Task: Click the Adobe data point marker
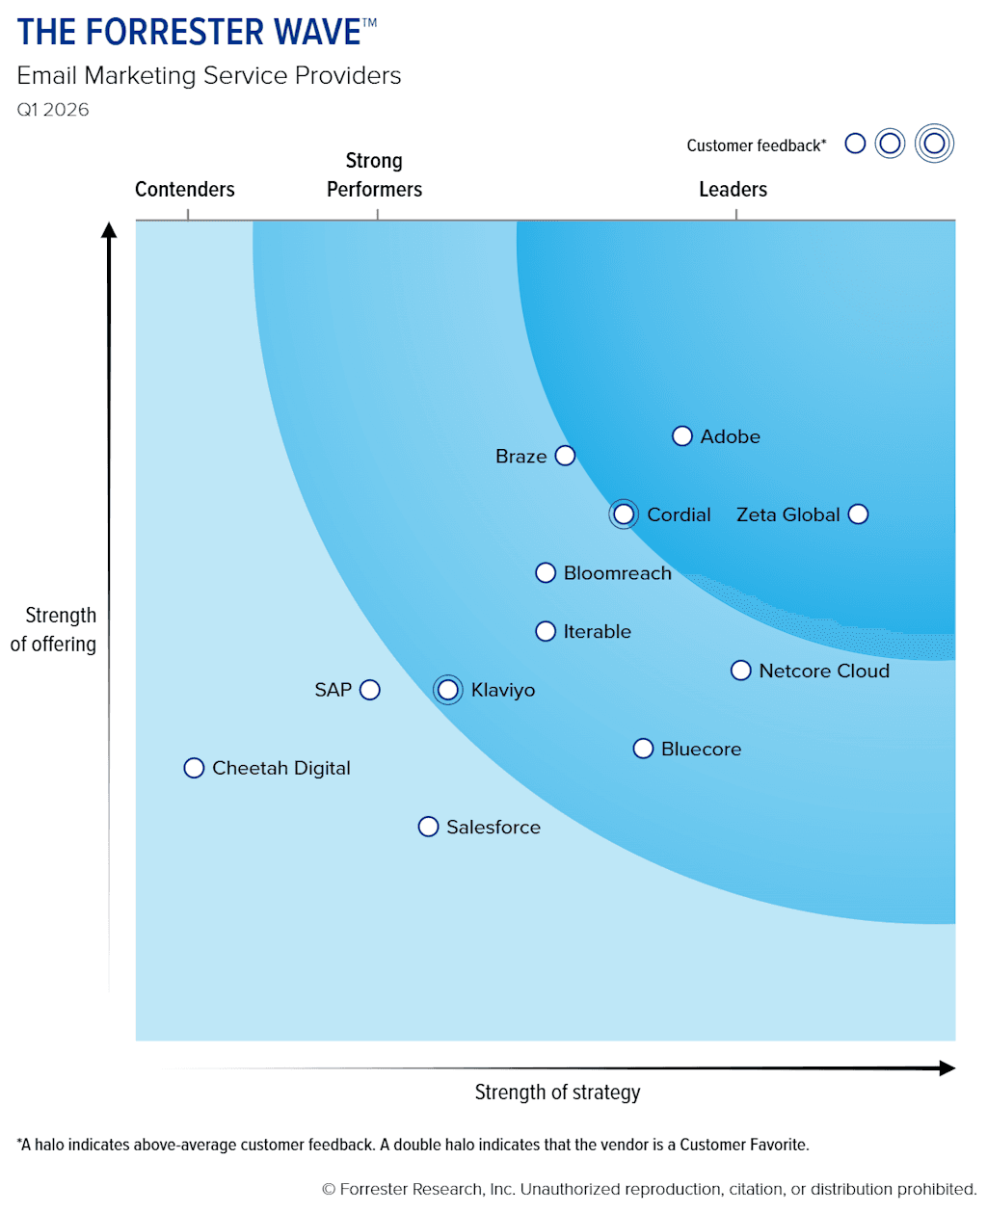click(x=682, y=436)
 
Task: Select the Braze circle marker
click(x=566, y=456)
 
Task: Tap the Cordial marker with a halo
click(x=624, y=514)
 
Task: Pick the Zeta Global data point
click(x=858, y=514)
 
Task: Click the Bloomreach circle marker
click(x=546, y=573)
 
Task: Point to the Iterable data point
click(x=546, y=631)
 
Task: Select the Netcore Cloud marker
click(x=740, y=671)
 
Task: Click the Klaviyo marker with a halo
click(x=447, y=690)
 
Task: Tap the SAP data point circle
click(x=370, y=690)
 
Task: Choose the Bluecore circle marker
click(x=643, y=749)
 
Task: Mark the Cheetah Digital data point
click(x=194, y=768)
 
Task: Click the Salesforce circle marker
click(x=428, y=827)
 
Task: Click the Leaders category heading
click(x=733, y=190)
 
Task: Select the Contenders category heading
click(x=185, y=190)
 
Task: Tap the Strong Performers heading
click(x=374, y=175)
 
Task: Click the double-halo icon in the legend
click(x=933, y=144)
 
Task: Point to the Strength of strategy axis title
click(x=557, y=1093)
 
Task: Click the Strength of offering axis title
click(x=54, y=630)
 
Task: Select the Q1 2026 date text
click(x=53, y=110)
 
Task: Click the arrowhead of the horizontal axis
click(x=947, y=1067)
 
